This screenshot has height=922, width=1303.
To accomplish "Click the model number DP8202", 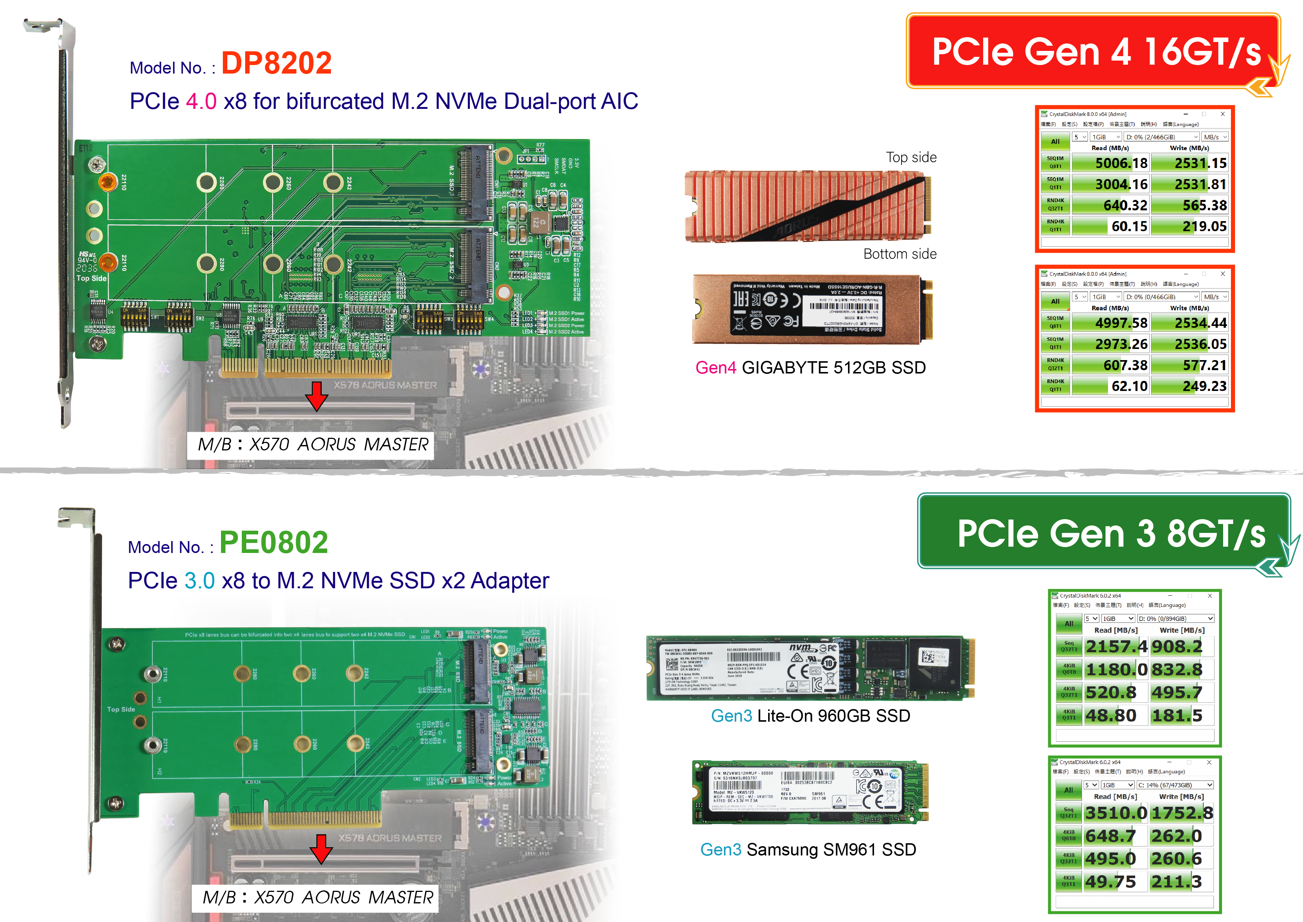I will (x=276, y=63).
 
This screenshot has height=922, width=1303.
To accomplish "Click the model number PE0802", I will (x=273, y=542).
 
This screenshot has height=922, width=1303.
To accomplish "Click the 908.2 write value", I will (x=1176, y=647).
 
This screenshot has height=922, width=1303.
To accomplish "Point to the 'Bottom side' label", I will (x=900, y=254).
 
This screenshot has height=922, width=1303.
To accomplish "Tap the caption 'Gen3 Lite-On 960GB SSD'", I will (x=810, y=716).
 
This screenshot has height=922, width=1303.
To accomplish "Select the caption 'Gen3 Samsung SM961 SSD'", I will (x=808, y=850).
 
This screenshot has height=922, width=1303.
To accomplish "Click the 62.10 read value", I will (x=1129, y=386).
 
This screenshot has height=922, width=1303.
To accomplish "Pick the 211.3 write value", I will (x=1176, y=882).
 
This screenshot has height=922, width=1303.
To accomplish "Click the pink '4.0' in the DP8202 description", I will (x=201, y=101).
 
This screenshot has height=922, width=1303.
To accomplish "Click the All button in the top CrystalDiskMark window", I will (x=1055, y=141).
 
